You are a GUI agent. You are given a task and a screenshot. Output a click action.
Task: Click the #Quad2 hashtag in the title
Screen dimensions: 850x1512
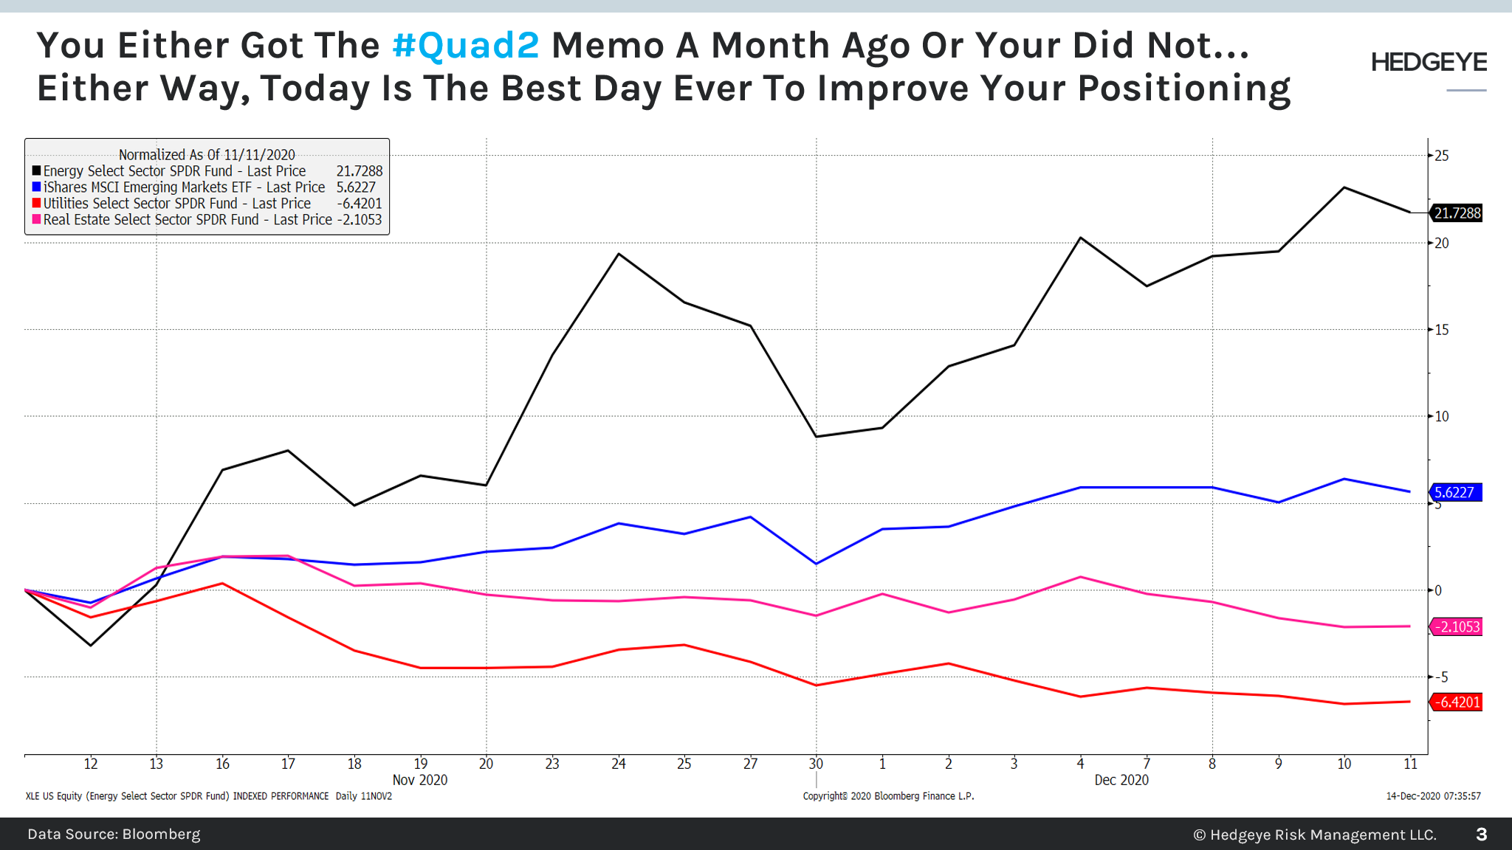pos(466,46)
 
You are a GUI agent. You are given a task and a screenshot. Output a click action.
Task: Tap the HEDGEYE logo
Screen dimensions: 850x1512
pos(1429,63)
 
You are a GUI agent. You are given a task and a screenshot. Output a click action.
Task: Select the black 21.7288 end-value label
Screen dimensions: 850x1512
pos(1457,213)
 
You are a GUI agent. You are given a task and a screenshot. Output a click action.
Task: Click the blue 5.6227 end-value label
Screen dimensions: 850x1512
pos(1455,492)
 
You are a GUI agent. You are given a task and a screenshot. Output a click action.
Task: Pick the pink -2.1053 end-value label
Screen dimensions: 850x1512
pos(1457,627)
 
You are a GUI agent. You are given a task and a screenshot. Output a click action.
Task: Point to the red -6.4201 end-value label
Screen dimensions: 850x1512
pos(1457,702)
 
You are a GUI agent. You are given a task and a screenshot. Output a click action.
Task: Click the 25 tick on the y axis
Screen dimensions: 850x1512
pos(1441,156)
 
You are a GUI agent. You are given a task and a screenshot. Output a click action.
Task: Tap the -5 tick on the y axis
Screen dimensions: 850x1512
pos(1440,677)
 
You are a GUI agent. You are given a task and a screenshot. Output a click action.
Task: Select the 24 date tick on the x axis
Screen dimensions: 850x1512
pos(619,764)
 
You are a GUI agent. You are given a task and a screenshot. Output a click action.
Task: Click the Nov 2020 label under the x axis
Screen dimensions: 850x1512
pos(419,780)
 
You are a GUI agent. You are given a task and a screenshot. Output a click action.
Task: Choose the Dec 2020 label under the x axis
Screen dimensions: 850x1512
pos(1121,780)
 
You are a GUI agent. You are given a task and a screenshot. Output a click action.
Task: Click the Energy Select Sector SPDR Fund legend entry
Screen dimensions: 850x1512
pos(174,171)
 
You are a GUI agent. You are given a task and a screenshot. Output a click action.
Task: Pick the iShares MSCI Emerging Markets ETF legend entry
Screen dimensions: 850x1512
pos(184,187)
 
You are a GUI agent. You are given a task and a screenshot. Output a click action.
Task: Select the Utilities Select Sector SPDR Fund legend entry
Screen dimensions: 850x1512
pos(176,204)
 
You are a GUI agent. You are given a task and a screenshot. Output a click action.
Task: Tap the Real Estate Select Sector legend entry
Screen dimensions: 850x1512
pos(187,220)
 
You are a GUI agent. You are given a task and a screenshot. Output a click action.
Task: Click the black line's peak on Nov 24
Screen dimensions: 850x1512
pos(619,254)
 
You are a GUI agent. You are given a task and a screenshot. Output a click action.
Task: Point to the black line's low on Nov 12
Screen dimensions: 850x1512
pos(91,646)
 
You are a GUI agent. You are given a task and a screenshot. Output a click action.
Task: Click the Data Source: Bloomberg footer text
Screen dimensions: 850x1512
pos(114,835)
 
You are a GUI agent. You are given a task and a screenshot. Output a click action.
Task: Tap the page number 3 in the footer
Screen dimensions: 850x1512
pos(1481,835)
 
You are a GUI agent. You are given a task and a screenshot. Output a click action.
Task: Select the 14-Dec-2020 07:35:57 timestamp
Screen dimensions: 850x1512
pos(1433,796)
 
